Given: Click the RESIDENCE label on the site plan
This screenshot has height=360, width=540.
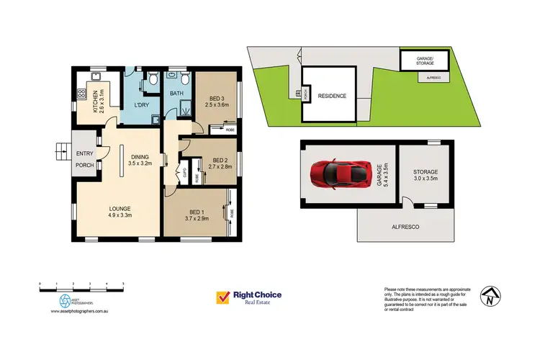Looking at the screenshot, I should tap(332, 96).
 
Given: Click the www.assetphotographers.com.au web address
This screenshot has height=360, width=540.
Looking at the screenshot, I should tap(79, 312).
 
